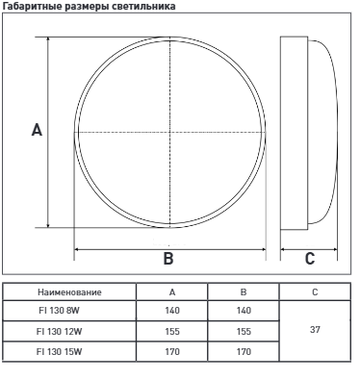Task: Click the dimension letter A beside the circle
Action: pyautogui.click(x=37, y=130)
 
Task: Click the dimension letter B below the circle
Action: pyautogui.click(x=168, y=258)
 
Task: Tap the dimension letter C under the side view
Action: pyautogui.click(x=310, y=259)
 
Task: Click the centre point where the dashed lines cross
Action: pyautogui.click(x=169, y=132)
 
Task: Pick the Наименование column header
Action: pyautogui.click(x=69, y=292)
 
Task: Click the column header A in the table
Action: pyautogui.click(x=172, y=292)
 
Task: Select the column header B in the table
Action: pyautogui.click(x=244, y=292)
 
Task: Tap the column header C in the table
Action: pyautogui.click(x=315, y=292)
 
